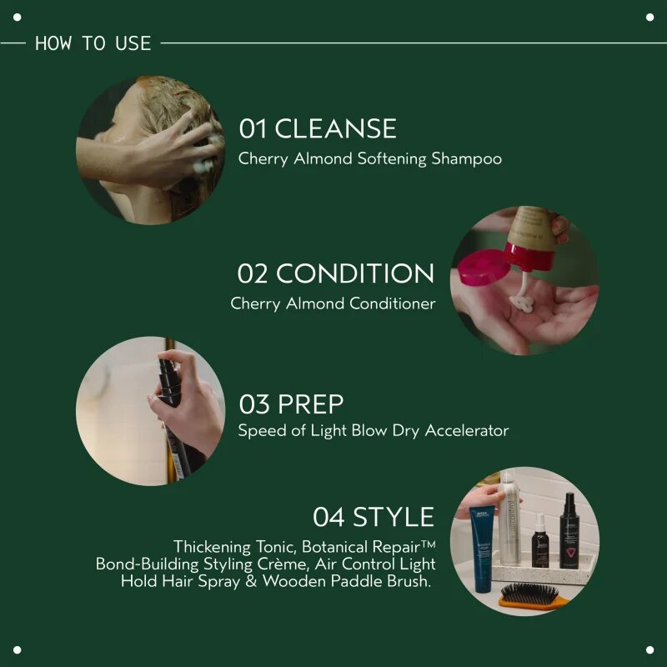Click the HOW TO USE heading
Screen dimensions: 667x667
click(93, 43)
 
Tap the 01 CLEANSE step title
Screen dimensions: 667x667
click(318, 128)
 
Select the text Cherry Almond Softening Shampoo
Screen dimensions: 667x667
click(369, 158)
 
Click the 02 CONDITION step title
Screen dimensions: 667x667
click(336, 273)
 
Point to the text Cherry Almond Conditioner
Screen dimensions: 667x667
click(333, 303)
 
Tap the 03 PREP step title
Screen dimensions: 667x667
click(291, 404)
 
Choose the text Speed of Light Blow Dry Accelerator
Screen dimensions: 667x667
click(373, 430)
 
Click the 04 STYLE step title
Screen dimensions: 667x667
click(374, 517)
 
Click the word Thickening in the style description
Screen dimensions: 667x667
click(212, 547)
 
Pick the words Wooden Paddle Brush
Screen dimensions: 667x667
click(346, 581)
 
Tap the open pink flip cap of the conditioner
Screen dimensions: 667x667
click(484, 267)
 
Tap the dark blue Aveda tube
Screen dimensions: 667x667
click(482, 549)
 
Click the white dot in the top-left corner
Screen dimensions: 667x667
click(17, 17)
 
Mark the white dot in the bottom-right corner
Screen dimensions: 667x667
click(649, 649)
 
